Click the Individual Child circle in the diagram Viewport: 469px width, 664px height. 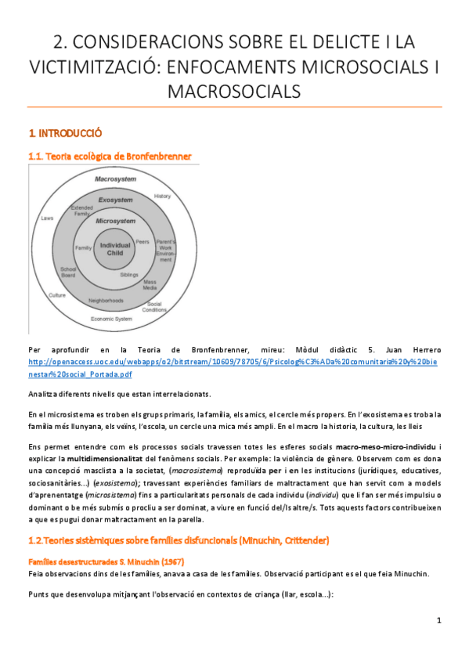115,249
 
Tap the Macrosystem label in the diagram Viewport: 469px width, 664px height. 116,179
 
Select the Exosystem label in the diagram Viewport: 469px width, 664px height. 115,200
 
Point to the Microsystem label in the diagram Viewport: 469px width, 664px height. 115,221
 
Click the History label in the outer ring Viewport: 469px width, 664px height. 162,196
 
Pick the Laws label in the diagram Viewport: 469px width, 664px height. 48,218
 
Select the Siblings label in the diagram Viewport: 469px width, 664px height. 130,276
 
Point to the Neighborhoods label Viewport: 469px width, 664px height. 106,300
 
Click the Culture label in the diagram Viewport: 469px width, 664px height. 56,295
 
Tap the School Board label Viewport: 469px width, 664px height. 68,272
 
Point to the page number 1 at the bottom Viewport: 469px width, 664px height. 439,621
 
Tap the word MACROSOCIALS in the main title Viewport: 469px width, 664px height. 234,92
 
